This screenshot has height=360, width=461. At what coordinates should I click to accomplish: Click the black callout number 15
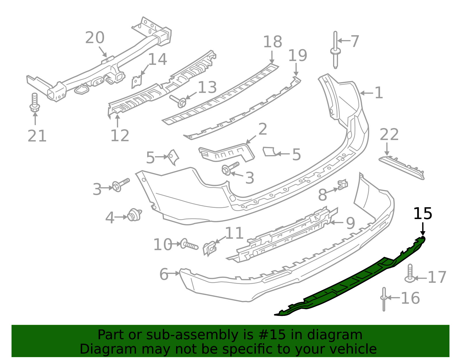(x=423, y=214)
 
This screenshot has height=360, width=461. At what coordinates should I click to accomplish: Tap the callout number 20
(x=95, y=38)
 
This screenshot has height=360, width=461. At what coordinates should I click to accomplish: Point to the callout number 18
(x=272, y=42)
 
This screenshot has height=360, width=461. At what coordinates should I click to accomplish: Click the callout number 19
(x=298, y=56)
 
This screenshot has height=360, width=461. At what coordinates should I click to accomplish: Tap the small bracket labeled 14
(x=136, y=82)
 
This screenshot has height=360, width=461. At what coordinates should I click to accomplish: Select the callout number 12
(x=120, y=135)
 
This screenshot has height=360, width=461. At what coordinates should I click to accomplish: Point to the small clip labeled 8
(x=343, y=184)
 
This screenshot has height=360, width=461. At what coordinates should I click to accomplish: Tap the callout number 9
(x=350, y=223)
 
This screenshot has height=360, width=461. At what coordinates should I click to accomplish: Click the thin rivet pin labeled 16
(x=384, y=299)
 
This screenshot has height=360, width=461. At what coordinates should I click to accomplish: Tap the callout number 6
(x=164, y=274)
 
